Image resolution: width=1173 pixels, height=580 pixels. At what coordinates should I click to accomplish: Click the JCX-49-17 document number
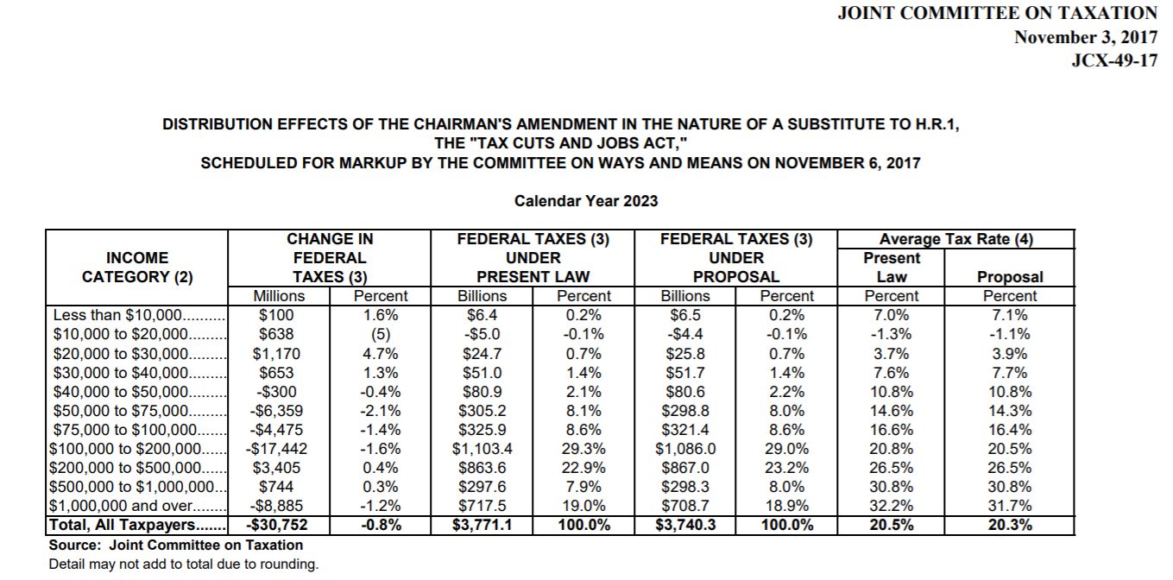pos(1113,62)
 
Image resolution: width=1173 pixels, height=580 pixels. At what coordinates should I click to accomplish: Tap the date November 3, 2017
pos(1085,37)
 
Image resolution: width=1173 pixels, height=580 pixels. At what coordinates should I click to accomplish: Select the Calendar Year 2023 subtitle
pos(586,201)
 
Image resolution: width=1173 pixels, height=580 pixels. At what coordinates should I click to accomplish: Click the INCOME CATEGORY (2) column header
pos(137,268)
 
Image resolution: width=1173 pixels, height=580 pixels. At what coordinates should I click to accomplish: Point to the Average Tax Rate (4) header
pos(956,239)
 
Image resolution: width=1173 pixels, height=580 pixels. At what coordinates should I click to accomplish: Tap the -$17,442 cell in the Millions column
pos(277,449)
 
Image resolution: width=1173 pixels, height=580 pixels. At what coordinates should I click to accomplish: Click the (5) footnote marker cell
pos(381,334)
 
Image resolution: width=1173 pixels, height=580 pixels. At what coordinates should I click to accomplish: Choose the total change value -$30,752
pos(277,525)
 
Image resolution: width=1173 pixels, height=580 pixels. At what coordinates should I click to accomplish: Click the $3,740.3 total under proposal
pos(685,525)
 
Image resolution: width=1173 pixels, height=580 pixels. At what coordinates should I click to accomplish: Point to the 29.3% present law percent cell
pos(583,449)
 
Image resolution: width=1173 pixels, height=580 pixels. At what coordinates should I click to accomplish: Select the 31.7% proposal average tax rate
pos(1010,506)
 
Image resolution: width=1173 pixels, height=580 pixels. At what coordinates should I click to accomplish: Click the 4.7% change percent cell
pos(381,353)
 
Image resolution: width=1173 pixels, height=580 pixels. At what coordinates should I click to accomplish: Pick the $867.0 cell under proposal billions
pos(685,468)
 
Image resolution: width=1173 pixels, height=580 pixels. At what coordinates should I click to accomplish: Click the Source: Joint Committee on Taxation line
pos(176,545)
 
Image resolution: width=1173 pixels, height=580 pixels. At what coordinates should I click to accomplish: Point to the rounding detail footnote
pos(184,564)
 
